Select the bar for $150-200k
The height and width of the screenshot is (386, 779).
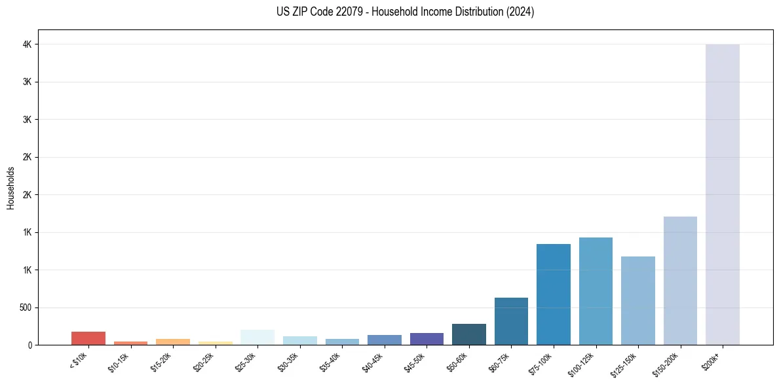[680, 281]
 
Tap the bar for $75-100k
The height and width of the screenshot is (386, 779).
[553, 294]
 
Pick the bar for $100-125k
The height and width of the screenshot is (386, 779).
[596, 291]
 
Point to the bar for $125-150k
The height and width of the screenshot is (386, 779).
[637, 300]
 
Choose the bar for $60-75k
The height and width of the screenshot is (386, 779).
[511, 321]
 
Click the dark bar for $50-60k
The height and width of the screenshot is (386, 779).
[468, 334]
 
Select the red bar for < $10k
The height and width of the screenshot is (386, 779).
[88, 338]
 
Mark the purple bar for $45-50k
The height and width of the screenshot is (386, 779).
[427, 339]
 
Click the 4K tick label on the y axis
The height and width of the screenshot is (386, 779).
[26, 44]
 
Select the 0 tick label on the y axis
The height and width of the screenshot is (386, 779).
[29, 345]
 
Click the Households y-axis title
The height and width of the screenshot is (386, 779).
[11, 188]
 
